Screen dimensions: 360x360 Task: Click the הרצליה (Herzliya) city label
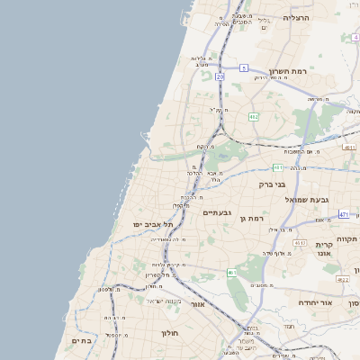point(295,17)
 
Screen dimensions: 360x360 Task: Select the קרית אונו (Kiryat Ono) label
point(325,249)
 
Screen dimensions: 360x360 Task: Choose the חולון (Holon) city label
point(170,333)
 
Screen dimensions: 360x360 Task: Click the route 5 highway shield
point(243,67)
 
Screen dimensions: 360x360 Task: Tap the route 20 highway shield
point(220,76)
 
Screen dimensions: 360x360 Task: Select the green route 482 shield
point(254,117)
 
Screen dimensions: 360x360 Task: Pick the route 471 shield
point(343,214)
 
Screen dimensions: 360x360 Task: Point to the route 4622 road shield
point(342,280)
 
